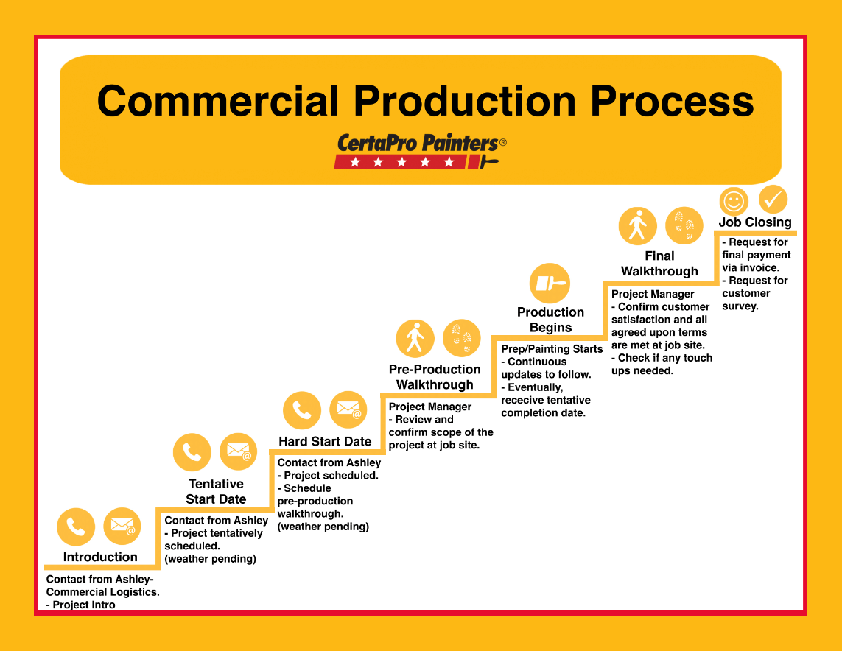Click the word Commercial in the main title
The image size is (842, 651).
click(218, 101)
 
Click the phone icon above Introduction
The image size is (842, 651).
click(76, 527)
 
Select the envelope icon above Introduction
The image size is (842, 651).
click(122, 527)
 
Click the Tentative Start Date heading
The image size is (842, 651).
click(216, 491)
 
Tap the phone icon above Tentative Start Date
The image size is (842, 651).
click(192, 451)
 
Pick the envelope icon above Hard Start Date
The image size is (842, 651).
click(348, 409)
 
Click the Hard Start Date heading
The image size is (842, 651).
click(325, 441)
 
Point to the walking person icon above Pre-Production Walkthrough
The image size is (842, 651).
click(415, 338)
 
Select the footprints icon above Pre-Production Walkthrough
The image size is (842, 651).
click(462, 338)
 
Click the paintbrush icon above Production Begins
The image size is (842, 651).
click(550, 284)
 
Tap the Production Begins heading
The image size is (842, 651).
click(550, 320)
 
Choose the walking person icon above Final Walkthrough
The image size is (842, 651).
click(637, 225)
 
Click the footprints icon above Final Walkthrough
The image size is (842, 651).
click(684, 225)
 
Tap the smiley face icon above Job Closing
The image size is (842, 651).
click(734, 200)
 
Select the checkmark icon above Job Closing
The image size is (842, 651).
click(773, 199)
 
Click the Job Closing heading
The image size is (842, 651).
click(755, 222)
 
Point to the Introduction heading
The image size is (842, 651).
click(100, 557)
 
